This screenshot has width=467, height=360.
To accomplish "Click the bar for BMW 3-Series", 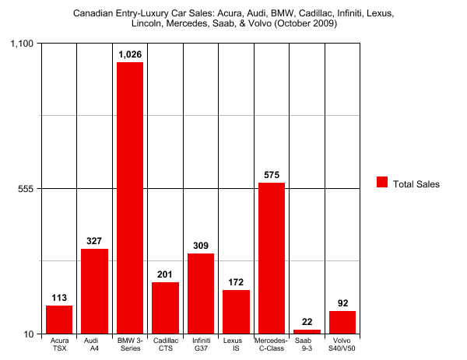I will tap(130, 198).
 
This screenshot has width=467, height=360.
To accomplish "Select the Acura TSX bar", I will tap(59, 320).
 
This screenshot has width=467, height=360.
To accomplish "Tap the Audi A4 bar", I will tap(94, 292).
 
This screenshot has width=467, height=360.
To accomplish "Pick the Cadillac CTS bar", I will tap(165, 308).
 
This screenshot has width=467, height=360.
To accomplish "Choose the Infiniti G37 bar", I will tap(201, 294).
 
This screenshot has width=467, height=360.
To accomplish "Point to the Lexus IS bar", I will tap(236, 312).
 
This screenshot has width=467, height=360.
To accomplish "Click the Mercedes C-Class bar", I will tap(272, 258).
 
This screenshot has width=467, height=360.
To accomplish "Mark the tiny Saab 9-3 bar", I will tap(307, 332).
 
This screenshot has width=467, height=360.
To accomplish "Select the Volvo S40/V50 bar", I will tap(342, 323).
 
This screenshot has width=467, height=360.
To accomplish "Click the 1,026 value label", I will tap(130, 54).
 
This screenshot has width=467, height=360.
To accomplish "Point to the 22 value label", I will tap(307, 322).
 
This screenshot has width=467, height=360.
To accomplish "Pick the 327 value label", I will tap(94, 241).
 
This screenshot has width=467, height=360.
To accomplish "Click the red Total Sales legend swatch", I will tap(382, 183).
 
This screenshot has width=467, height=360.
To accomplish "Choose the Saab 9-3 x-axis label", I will tap(307, 344).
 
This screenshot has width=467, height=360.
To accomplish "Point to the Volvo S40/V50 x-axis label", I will tap(342, 344).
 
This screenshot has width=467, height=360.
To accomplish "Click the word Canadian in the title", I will tap(93, 13).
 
